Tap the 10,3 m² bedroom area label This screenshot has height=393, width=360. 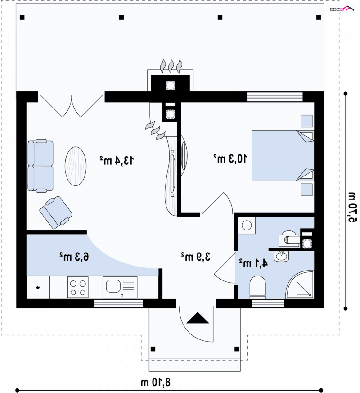click(230, 158)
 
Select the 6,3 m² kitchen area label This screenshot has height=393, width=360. click(74, 257)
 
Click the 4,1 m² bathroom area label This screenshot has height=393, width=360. click(253, 263)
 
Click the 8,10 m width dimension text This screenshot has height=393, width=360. click(155, 383)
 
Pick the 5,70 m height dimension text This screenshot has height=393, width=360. click(352, 207)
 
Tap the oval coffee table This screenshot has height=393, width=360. click(76, 166)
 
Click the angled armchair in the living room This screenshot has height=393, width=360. click(56, 212)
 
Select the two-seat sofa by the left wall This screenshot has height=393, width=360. click(40, 166)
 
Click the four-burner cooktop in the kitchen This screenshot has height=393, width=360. click(78, 288)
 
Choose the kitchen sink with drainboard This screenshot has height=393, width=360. click(120, 287)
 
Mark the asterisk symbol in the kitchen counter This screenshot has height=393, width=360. click(38, 288)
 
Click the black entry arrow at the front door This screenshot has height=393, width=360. click(198, 318)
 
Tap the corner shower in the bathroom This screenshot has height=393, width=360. click(300, 285)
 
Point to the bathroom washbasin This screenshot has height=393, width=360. click(282, 256)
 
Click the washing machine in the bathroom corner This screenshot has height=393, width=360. click(247, 226)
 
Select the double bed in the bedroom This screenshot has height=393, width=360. click(283, 155)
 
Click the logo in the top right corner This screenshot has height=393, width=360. click(342, 9)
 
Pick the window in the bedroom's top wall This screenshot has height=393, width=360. click(275, 97)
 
